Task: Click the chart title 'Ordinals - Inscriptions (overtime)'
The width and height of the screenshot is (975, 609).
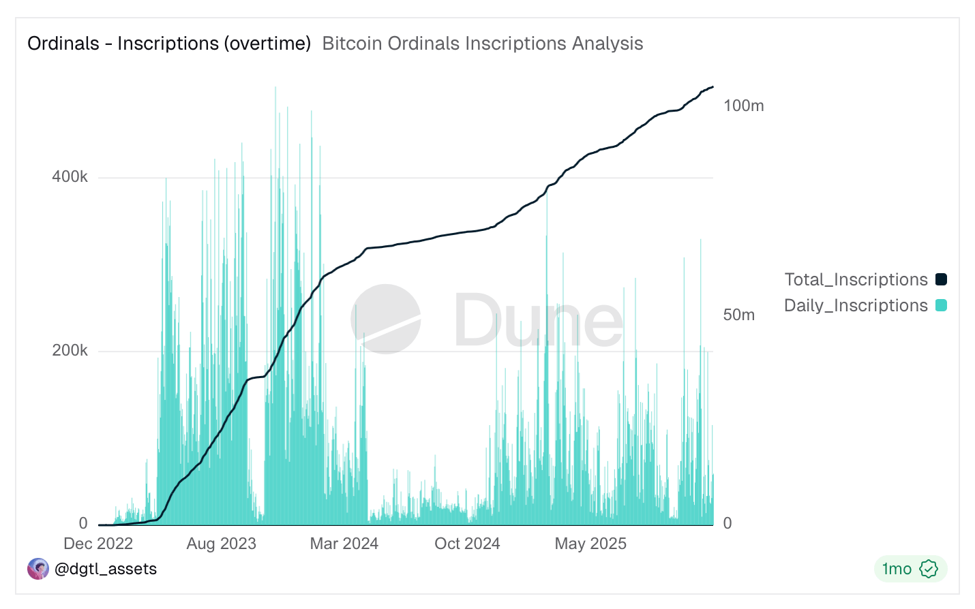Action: (169, 44)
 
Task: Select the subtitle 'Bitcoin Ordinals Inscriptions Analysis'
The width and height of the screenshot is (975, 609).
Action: (482, 44)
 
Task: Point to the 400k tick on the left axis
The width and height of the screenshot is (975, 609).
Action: (70, 177)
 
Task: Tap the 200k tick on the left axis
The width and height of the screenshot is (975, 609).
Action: (70, 351)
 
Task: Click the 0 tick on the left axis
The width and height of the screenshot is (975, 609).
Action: (83, 523)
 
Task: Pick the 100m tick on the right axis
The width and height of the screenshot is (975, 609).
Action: (743, 106)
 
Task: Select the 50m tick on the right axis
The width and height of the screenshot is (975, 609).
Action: (738, 315)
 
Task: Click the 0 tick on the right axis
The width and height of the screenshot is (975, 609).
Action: (727, 523)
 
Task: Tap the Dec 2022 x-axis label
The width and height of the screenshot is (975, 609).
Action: (98, 544)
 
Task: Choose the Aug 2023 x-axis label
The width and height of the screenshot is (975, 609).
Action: (221, 544)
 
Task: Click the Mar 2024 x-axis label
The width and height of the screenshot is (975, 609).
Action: (344, 544)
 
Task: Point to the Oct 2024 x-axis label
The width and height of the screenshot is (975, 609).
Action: (467, 544)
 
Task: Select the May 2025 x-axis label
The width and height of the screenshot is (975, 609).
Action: (590, 544)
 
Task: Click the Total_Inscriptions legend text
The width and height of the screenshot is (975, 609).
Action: (856, 279)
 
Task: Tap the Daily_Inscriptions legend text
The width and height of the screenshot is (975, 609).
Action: (856, 305)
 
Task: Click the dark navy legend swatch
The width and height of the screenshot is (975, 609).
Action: (941, 279)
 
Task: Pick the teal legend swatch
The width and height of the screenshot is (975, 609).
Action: (941, 305)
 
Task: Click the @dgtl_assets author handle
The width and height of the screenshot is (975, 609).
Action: (105, 569)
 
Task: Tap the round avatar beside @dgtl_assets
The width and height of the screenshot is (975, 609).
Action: (38, 569)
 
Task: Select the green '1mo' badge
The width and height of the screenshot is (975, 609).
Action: (910, 569)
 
